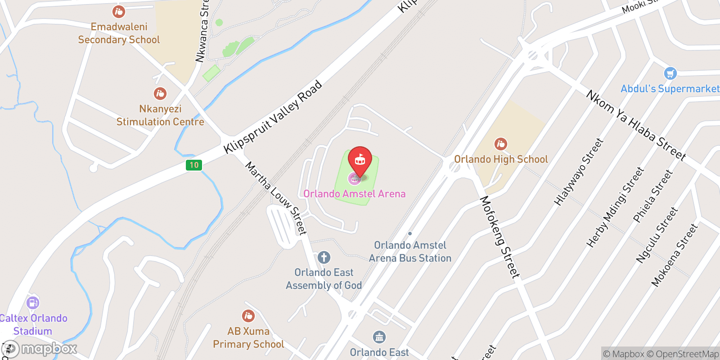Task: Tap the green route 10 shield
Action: (194, 165)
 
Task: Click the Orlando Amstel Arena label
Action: (355, 194)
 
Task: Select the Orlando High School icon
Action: (501, 144)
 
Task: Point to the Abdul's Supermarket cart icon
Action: (670, 73)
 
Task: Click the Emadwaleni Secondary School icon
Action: (119, 12)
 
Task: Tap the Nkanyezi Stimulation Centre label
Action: (160, 115)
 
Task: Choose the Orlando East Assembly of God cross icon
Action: (324, 257)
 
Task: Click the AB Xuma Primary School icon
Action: (248, 316)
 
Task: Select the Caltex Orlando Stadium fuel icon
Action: (33, 302)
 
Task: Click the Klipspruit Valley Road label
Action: (273, 117)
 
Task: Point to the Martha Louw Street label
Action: (276, 198)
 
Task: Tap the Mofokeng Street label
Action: (499, 237)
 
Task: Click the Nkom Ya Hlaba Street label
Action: (636, 125)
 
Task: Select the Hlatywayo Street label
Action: (578, 172)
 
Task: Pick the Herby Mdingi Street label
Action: (615, 207)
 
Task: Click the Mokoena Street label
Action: (674, 255)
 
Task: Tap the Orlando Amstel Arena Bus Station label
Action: (410, 252)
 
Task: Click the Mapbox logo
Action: (40, 349)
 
